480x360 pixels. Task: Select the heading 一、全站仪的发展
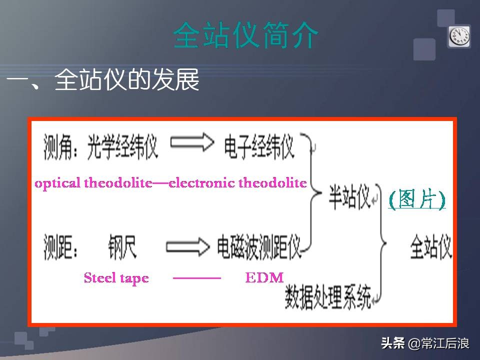tap(103, 80)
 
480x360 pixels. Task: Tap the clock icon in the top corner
tap(458, 36)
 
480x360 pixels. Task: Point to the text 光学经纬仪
tap(123, 146)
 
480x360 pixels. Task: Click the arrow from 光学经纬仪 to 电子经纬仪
tap(192, 143)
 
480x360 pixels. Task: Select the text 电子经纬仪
tap(258, 146)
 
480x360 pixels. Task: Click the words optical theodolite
tap(93, 183)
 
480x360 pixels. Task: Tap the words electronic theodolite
tap(238, 183)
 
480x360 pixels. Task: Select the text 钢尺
tap(121, 246)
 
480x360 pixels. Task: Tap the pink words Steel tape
tap(116, 278)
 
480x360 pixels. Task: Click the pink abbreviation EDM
tap(264, 278)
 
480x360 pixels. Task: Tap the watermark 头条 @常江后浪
tap(425, 343)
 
